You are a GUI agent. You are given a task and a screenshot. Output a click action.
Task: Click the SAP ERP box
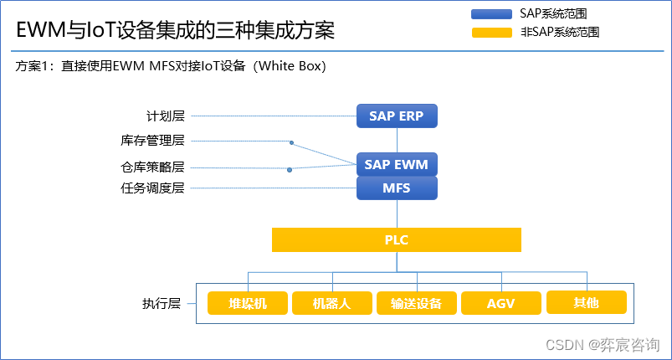397,116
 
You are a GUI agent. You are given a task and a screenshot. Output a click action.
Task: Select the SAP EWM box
397,165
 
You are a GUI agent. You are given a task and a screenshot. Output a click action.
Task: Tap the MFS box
397,188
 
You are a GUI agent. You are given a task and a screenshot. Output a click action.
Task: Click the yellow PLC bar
397,240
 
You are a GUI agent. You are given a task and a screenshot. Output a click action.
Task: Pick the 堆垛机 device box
248,303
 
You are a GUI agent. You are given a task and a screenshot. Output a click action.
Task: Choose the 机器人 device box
332,303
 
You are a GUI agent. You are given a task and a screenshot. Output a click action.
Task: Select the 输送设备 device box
416,303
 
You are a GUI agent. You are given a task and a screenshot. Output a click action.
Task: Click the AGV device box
500,303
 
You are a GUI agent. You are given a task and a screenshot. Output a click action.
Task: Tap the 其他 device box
586,302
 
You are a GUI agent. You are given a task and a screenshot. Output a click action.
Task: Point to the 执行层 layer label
162,303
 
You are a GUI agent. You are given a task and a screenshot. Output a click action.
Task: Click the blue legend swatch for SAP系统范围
491,14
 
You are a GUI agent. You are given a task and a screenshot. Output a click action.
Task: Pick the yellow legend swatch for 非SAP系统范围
491,33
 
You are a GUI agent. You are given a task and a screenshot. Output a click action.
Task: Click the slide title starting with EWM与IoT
176,31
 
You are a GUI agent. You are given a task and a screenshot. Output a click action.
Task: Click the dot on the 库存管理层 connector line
291,142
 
